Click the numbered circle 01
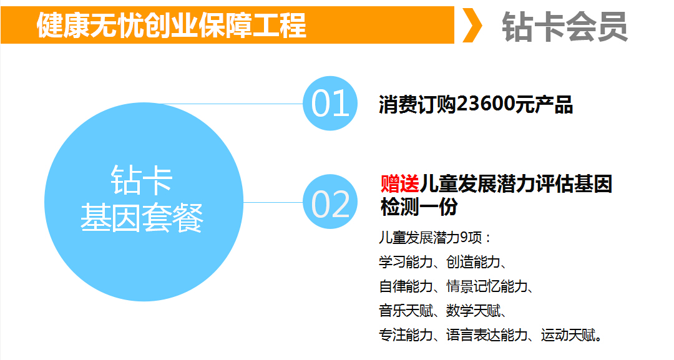click(330, 103)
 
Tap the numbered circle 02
click(330, 202)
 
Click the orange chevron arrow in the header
click(472, 25)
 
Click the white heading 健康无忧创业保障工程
click(171, 25)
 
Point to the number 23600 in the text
click(486, 104)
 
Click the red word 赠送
click(400, 184)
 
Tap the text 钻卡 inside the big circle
click(142, 180)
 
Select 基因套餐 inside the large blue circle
click(142, 218)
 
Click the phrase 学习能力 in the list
click(406, 261)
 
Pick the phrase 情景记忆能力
click(487, 286)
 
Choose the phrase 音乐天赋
click(406, 311)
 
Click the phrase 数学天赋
click(473, 311)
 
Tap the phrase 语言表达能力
click(487, 335)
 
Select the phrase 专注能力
click(406, 335)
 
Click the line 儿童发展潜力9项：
click(435, 238)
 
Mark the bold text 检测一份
click(419, 207)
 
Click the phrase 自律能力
click(406, 286)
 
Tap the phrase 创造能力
click(473, 261)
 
